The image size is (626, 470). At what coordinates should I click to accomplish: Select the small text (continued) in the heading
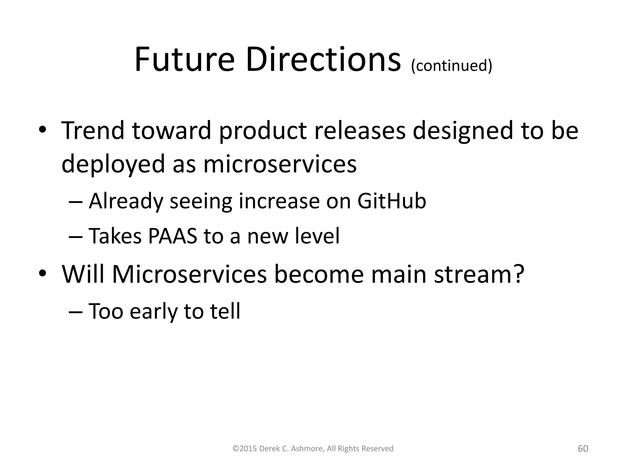coord(451,65)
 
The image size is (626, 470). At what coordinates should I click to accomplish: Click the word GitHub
coord(392,201)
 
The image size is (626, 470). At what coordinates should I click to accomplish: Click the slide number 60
coord(583,449)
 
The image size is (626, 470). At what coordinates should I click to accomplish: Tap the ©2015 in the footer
coord(245,449)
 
